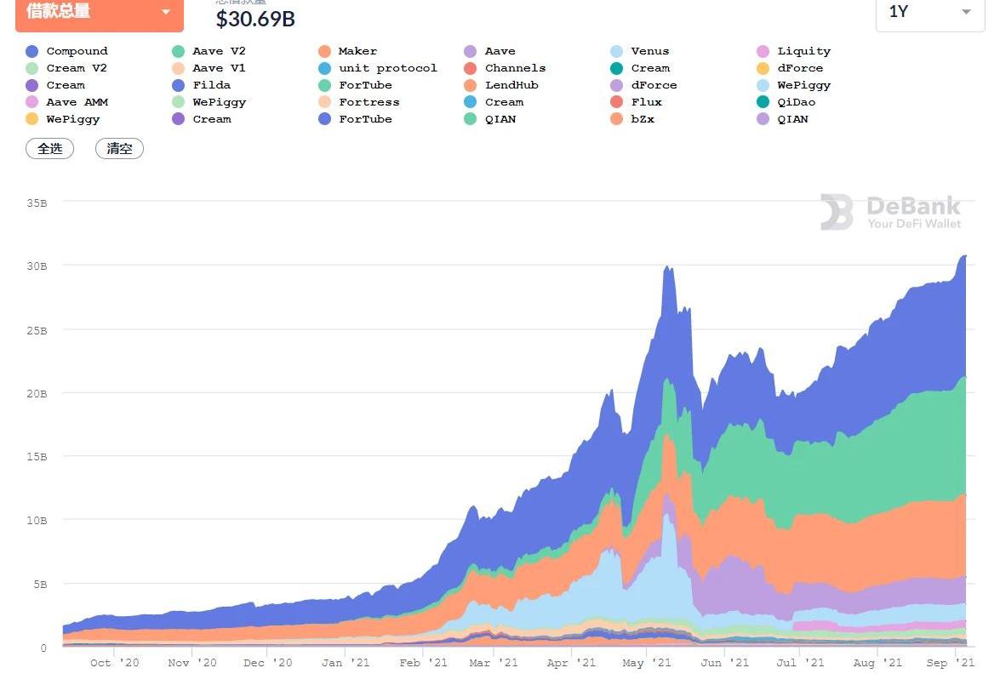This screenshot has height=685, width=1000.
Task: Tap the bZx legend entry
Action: tap(643, 119)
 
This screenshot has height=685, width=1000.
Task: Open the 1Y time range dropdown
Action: tap(929, 12)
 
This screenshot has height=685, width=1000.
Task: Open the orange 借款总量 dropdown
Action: tap(99, 13)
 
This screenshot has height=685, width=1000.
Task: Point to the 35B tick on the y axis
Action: tap(37, 203)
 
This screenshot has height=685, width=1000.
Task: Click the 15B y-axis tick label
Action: tap(37, 456)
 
